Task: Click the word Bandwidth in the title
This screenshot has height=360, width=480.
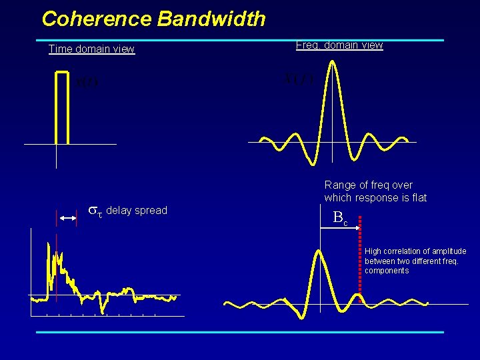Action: [211, 19]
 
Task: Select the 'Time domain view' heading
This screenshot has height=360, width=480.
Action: [91, 49]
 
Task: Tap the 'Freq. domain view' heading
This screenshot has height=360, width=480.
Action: [339, 45]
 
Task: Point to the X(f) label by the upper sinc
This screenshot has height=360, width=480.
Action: [298, 79]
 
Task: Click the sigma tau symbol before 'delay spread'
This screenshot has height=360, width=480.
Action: [96, 211]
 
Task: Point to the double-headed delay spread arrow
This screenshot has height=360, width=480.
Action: [67, 219]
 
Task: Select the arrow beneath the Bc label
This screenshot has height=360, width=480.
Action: [340, 228]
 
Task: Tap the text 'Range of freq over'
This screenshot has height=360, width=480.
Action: [368, 185]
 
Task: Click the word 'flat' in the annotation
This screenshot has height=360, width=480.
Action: [418, 197]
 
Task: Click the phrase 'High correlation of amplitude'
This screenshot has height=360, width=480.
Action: [415, 251]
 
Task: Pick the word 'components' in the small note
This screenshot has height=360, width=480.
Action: [387, 271]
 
